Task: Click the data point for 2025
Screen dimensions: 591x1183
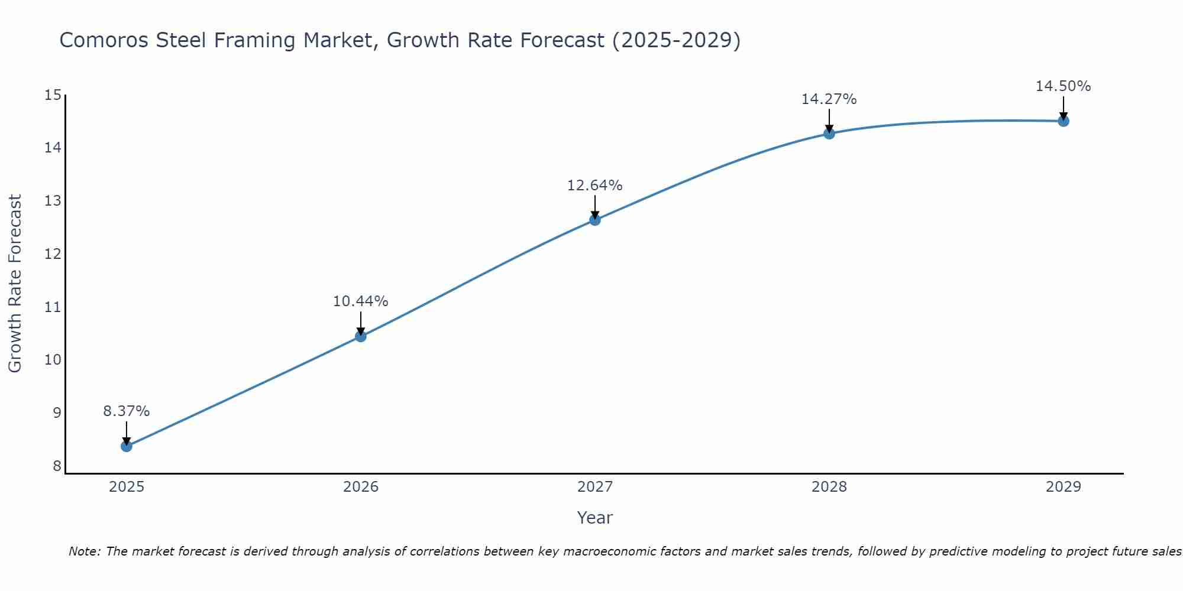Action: pyautogui.click(x=127, y=446)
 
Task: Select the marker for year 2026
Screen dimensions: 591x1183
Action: pyautogui.click(x=361, y=336)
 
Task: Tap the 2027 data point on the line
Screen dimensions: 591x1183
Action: pyautogui.click(x=595, y=220)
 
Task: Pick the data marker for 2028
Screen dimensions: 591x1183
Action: pyautogui.click(x=829, y=134)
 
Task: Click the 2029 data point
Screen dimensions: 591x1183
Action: pyautogui.click(x=1063, y=121)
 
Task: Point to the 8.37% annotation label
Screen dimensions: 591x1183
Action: pyautogui.click(x=127, y=411)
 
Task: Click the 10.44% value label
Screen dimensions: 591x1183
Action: pyautogui.click(x=361, y=301)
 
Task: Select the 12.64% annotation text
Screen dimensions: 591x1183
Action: pyautogui.click(x=595, y=186)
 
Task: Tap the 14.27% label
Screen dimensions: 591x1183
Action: pyautogui.click(x=829, y=99)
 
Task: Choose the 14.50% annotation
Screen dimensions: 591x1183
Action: pyautogui.click(x=1063, y=86)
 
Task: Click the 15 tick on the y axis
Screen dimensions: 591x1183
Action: pyautogui.click(x=53, y=95)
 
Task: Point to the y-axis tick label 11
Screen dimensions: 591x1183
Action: pyautogui.click(x=53, y=307)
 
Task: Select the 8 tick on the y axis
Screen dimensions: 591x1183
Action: pyautogui.click(x=57, y=466)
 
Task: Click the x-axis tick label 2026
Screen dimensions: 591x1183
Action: pyautogui.click(x=361, y=487)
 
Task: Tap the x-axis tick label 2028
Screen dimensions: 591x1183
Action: pyautogui.click(x=829, y=487)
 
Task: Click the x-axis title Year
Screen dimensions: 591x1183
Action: pyautogui.click(x=595, y=518)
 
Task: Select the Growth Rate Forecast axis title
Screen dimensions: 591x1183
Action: pyautogui.click(x=15, y=284)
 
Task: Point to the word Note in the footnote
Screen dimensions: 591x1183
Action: pyautogui.click(x=85, y=551)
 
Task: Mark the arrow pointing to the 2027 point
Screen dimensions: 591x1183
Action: pyautogui.click(x=595, y=207)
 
